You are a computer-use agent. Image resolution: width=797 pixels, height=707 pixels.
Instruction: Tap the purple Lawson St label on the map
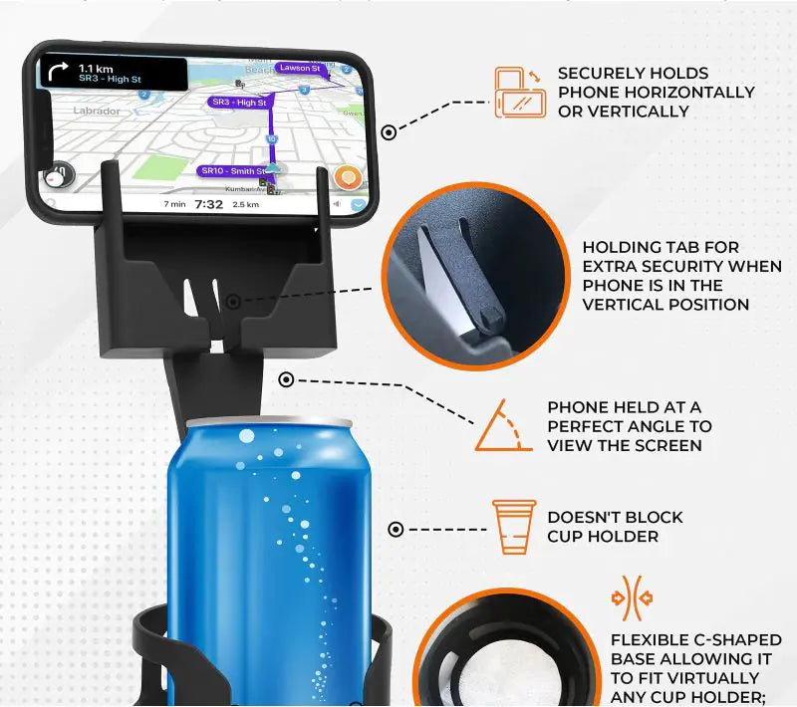pos(299,68)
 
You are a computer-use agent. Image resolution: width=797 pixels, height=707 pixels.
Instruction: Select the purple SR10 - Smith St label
pos(232,171)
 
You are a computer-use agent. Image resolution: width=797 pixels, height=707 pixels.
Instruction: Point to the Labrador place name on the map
pos(97,112)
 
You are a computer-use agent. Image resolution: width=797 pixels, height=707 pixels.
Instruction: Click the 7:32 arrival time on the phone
pos(208,204)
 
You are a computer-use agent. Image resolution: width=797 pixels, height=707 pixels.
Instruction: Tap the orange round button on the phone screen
pos(347,178)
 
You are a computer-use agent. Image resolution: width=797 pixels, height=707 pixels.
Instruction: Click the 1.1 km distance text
pos(97,67)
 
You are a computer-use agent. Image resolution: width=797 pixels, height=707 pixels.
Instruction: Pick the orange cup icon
pos(514,525)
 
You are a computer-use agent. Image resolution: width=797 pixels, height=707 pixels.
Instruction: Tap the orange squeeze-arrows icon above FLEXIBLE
pos(632,598)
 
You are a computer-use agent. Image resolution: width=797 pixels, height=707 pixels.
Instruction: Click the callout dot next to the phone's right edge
pos(389,130)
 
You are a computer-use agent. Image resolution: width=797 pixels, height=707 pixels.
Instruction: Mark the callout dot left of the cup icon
pos(396,529)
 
